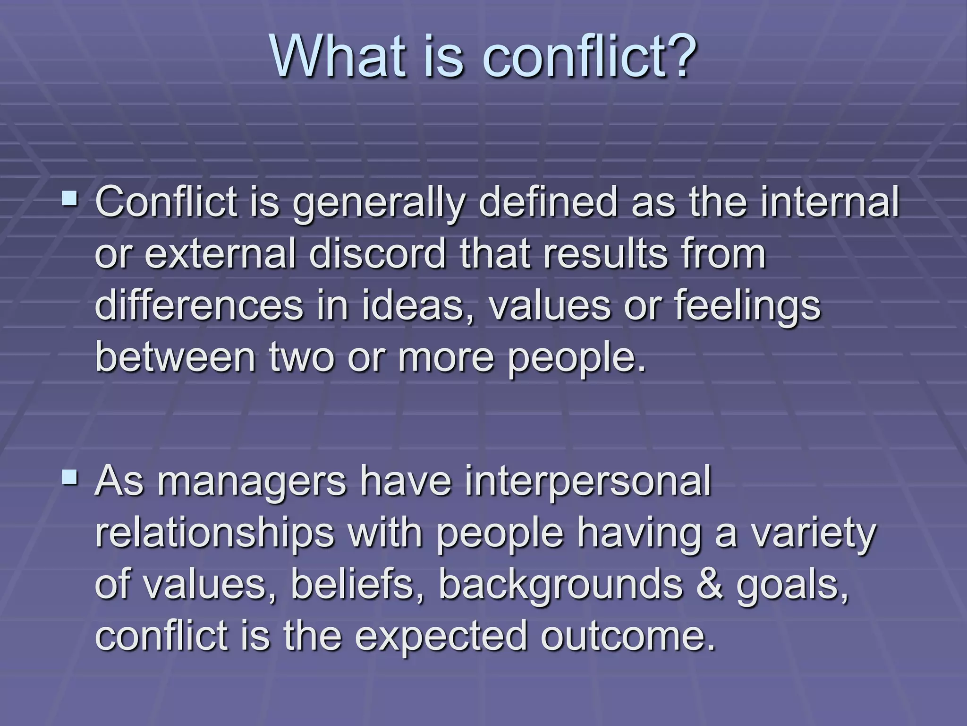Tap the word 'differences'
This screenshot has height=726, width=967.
[199, 305]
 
